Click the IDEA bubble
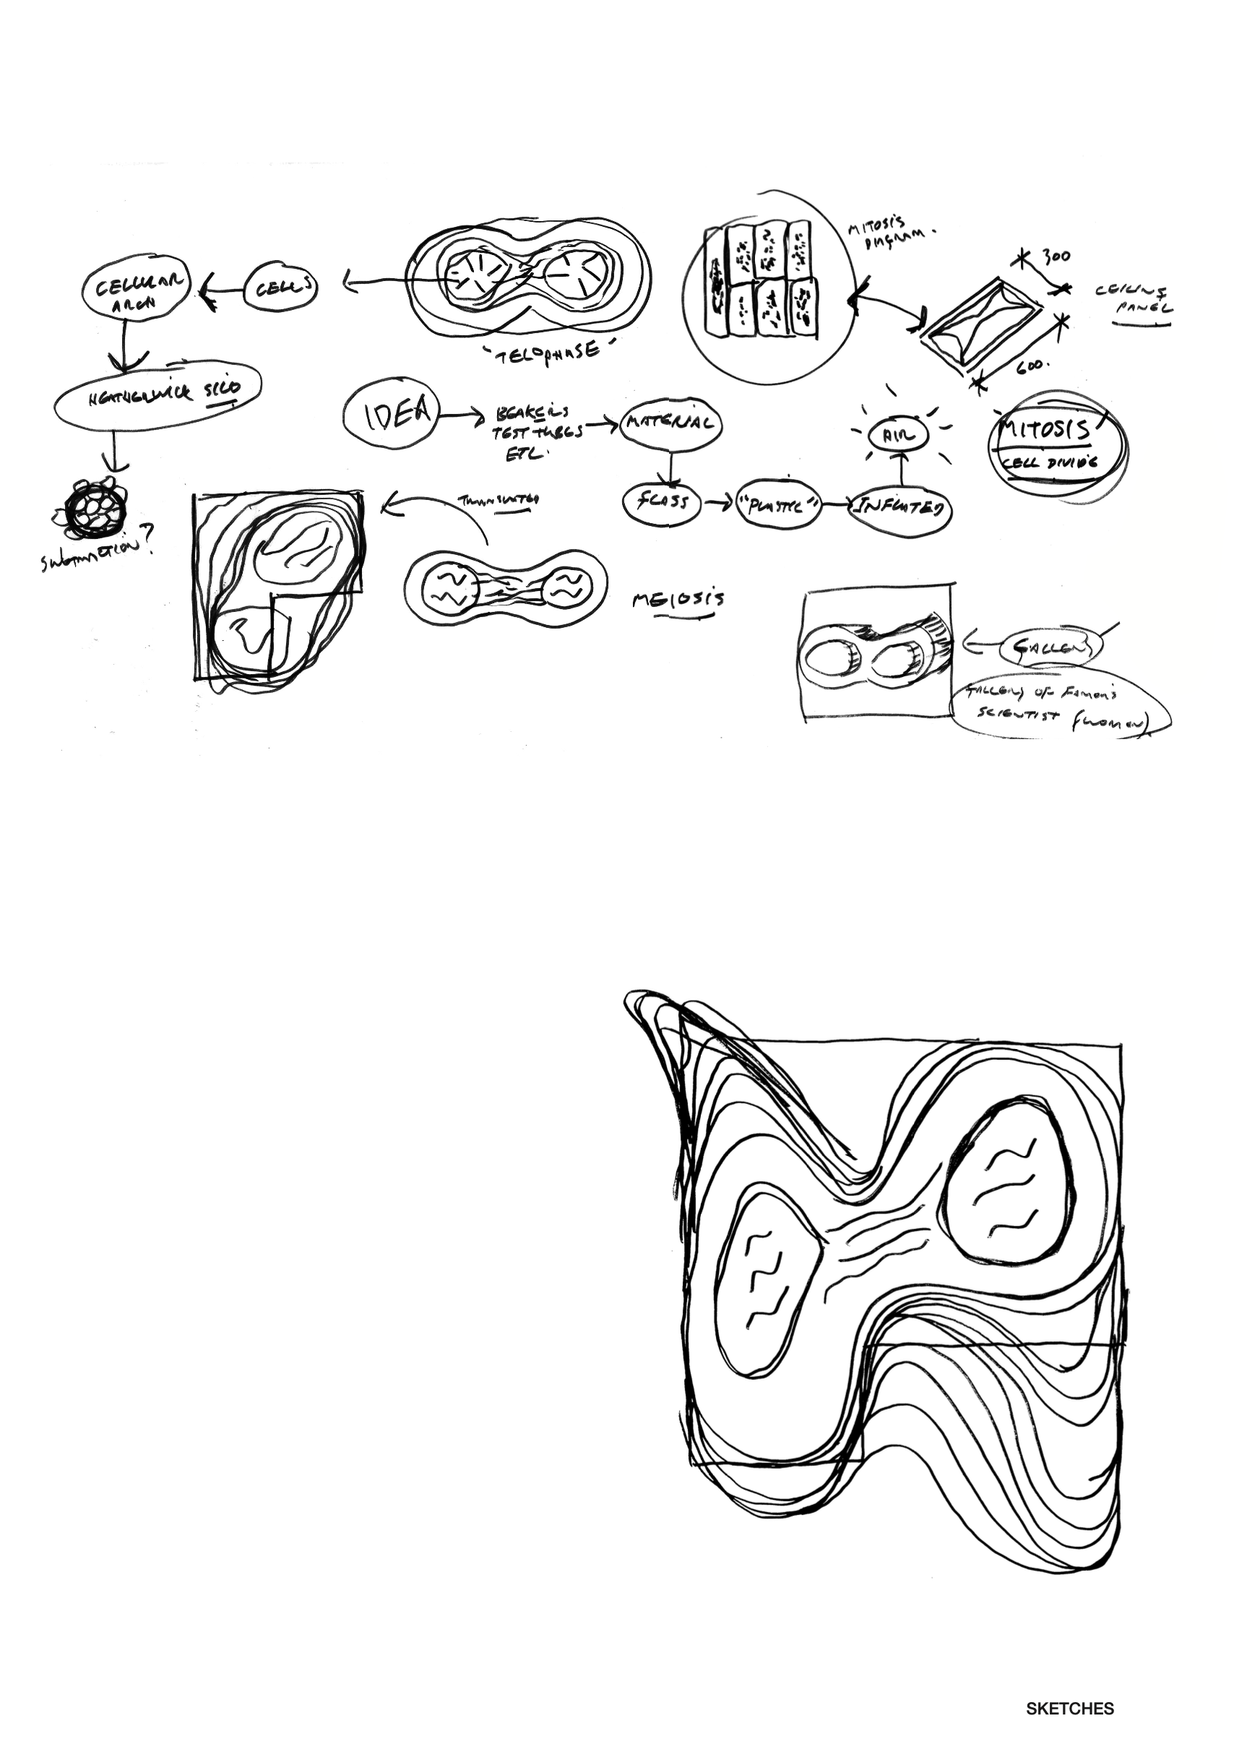click(391, 413)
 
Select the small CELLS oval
click(281, 288)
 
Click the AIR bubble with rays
click(899, 436)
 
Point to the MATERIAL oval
click(670, 423)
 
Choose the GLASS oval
click(662, 502)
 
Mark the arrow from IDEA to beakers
click(462, 415)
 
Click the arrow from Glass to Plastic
click(717, 503)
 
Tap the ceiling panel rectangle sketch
click(980, 321)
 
